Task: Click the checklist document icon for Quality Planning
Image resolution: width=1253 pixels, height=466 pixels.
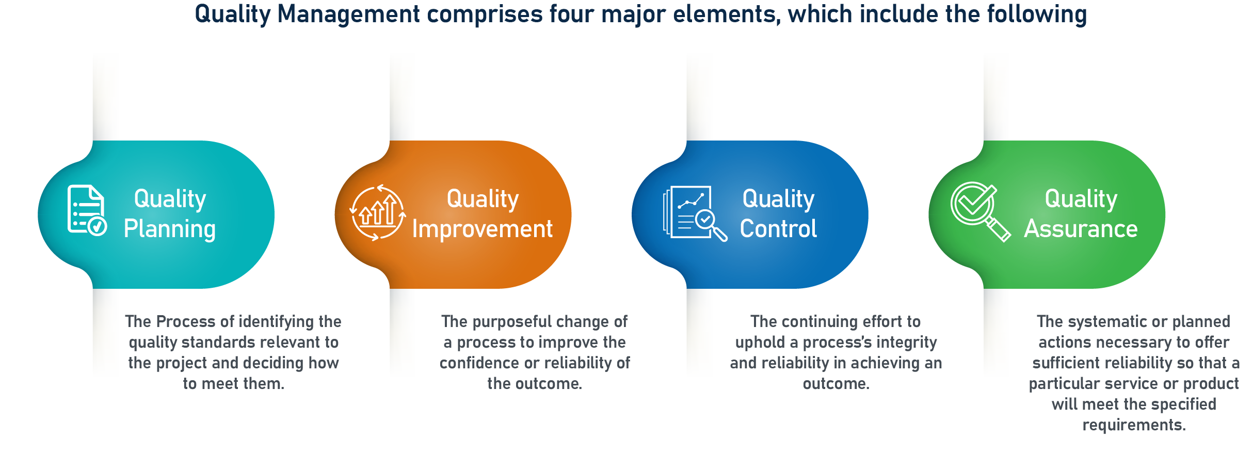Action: click(87, 210)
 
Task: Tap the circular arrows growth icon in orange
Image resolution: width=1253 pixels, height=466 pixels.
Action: click(378, 212)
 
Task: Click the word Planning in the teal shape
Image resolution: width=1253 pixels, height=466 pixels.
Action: click(169, 229)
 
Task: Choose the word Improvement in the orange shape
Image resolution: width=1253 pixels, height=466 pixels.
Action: click(482, 229)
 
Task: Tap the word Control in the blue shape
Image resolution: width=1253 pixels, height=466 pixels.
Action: click(778, 229)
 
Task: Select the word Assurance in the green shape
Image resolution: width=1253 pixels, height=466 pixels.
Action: click(1081, 229)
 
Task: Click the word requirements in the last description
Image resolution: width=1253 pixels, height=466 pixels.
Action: click(1134, 425)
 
